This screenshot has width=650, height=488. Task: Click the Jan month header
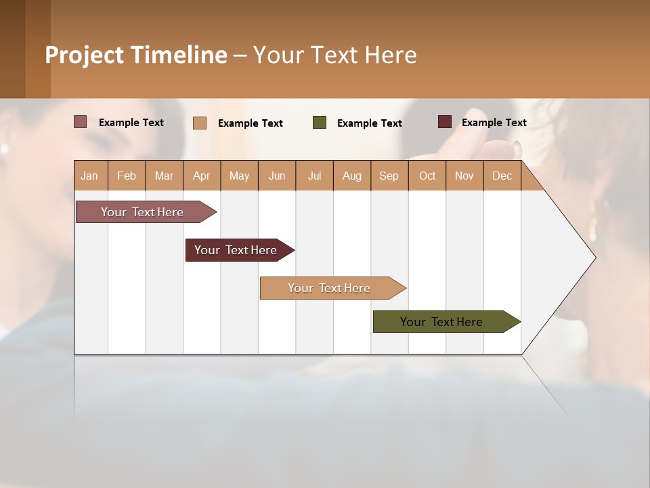click(x=90, y=176)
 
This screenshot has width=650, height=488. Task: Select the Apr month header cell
click(x=202, y=176)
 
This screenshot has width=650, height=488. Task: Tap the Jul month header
click(x=314, y=176)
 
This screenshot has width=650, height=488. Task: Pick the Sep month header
click(x=389, y=176)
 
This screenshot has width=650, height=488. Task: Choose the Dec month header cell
click(x=502, y=176)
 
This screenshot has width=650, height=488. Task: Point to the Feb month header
click(x=127, y=176)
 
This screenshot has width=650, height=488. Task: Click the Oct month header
click(x=427, y=176)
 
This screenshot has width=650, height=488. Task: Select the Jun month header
click(x=277, y=176)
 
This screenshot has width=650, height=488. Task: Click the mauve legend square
click(x=80, y=122)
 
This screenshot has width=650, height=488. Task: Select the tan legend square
click(x=200, y=123)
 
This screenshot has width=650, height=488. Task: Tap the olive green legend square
click(x=320, y=123)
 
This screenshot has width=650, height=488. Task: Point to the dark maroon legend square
click(x=444, y=122)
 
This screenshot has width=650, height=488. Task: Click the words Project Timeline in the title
click(x=135, y=55)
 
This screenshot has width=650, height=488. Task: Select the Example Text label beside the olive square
click(x=369, y=123)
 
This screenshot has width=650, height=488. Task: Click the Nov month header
click(x=464, y=176)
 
